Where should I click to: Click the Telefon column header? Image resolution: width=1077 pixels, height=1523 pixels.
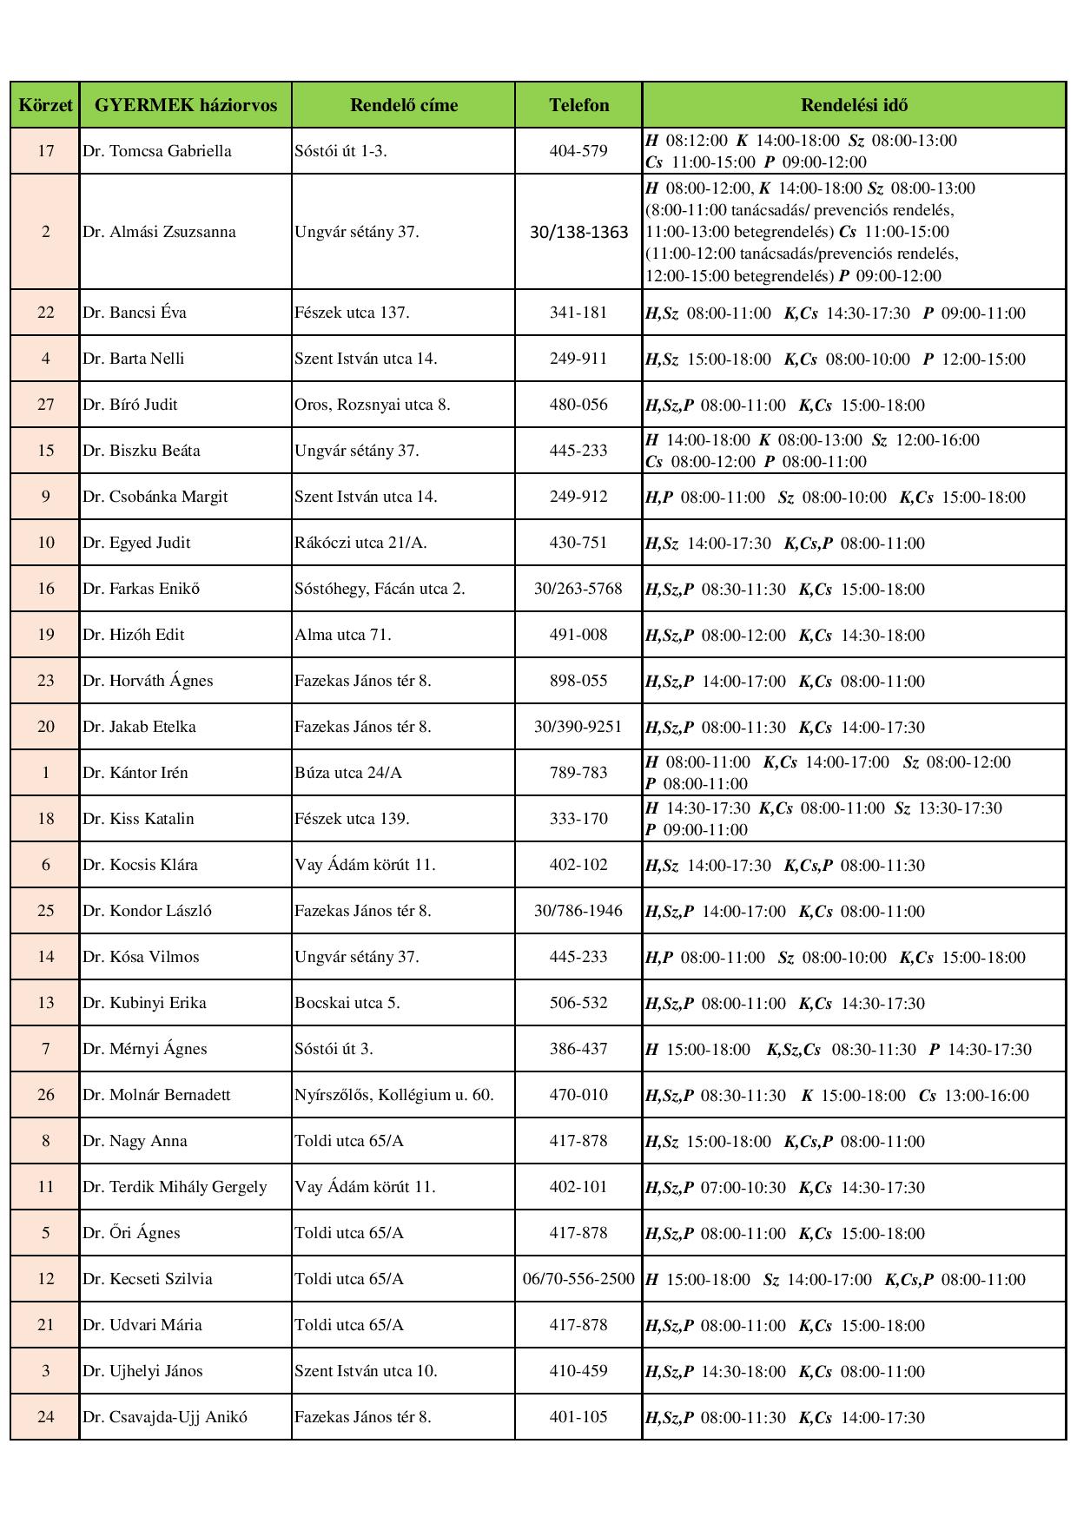[578, 105]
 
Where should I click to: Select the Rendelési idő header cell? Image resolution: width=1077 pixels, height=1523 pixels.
[854, 105]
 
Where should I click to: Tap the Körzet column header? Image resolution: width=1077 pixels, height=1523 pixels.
[45, 105]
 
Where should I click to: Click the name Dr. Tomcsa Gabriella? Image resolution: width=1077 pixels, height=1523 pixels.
[157, 151]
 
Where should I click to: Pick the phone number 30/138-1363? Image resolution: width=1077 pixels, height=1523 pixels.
[578, 232]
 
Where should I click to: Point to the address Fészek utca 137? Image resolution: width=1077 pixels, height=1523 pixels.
[352, 313]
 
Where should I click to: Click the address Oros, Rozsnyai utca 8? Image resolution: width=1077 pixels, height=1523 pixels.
[373, 405]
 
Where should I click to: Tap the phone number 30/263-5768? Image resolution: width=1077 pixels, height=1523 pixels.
[578, 589]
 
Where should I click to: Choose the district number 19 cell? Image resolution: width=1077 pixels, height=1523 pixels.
[45, 635]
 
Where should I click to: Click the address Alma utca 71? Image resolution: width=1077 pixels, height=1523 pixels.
[343, 635]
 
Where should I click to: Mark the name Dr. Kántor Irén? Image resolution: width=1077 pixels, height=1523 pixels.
[135, 773]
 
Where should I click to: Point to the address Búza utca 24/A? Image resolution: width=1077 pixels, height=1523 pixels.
[348, 773]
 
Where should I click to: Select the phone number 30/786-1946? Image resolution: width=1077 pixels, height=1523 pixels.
[578, 911]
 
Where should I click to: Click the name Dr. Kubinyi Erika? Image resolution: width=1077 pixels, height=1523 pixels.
[145, 1003]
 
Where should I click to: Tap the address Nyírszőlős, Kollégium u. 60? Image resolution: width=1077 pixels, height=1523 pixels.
[394, 1095]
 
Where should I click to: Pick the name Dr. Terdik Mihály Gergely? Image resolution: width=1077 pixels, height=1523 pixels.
[175, 1187]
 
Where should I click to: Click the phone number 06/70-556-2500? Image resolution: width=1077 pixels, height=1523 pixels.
[578, 1279]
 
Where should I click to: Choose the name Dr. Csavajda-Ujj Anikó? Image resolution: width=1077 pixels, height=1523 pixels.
[165, 1417]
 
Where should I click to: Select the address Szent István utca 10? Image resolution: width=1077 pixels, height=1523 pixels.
[366, 1371]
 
